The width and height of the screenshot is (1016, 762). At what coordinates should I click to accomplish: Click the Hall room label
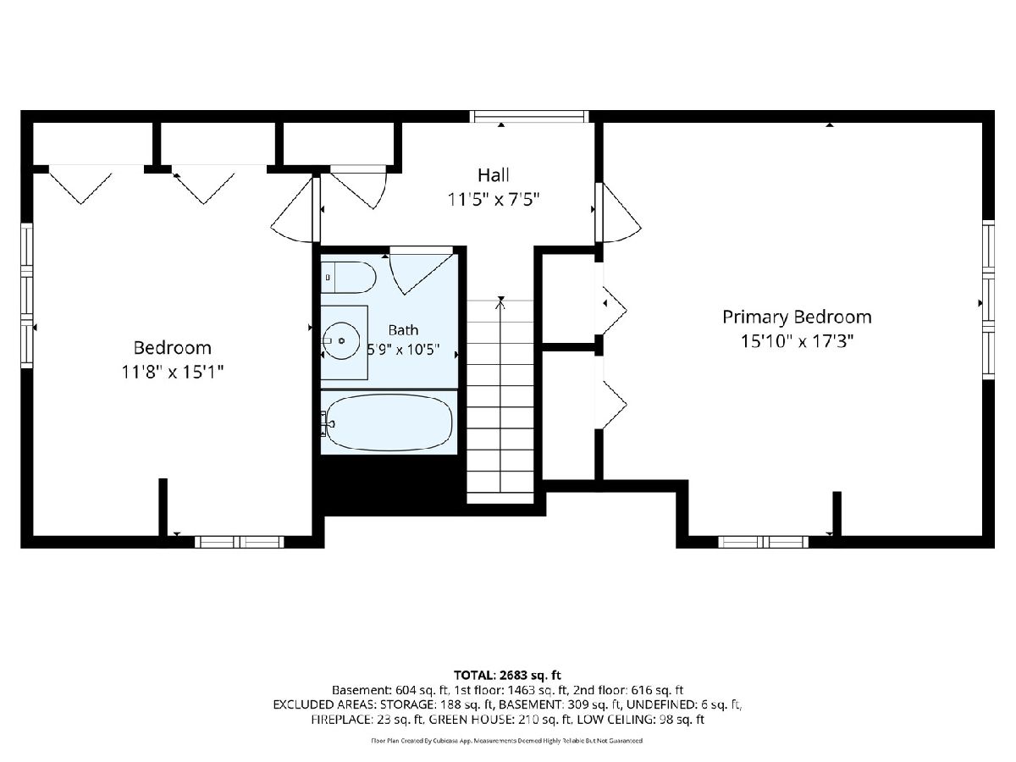pos(494,175)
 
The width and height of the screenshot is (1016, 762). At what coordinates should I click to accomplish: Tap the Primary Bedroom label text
pos(797,317)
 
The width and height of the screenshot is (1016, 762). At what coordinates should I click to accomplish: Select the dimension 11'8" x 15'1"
pos(172,372)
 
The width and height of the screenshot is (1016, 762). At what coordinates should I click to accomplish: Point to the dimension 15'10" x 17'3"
pos(797,341)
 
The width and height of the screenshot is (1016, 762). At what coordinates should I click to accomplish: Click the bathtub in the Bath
pos(389,422)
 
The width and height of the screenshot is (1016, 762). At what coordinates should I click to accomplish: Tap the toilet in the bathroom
pos(349,277)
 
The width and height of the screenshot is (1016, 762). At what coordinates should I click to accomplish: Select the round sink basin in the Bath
pos(341,341)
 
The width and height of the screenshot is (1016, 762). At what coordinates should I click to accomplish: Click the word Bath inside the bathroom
pos(403,330)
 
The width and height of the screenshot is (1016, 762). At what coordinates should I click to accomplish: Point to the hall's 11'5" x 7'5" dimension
pos(494,200)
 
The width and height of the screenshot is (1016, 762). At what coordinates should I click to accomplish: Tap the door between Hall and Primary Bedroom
pos(618,213)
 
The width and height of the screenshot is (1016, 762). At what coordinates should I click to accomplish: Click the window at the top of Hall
pos(529,116)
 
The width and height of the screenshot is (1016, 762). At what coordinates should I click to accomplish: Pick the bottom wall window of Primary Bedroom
pos(764,542)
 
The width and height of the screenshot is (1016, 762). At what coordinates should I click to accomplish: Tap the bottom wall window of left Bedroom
pos(240,542)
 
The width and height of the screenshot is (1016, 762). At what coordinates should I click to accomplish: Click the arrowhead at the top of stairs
pos(500,299)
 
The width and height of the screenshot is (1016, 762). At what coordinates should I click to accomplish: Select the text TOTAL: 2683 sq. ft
pos(507,675)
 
